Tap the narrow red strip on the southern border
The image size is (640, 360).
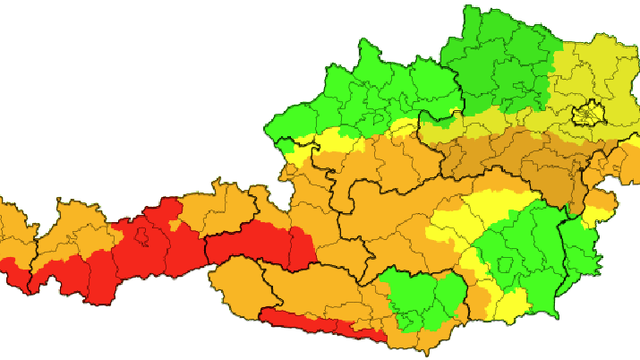coord(322,323)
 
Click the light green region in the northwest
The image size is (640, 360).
coord(376,90)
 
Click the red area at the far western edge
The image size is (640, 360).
coord(13,269)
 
